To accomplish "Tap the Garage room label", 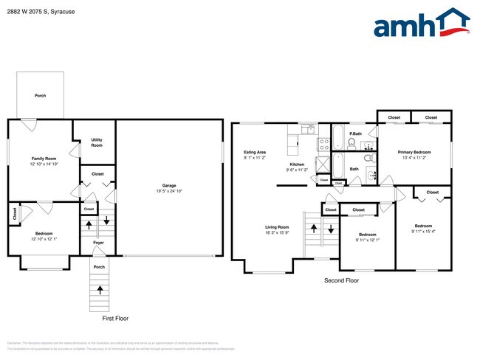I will pos(169,185).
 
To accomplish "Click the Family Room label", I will pos(44,159).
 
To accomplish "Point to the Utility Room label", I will pos(97,142).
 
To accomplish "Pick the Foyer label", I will pos(98,243).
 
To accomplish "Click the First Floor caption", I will pos(114,318).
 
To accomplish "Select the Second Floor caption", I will pos(341,281).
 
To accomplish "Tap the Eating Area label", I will pos(255,152).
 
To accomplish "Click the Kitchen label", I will pos(297,164).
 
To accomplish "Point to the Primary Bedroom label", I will pos(414,152).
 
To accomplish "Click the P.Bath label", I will pos(354,134).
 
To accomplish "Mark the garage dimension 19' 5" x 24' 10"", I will pos(169,191).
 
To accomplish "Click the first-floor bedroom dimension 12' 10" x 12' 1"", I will pos(44,239).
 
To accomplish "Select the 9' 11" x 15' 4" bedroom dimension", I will pos(423,232).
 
